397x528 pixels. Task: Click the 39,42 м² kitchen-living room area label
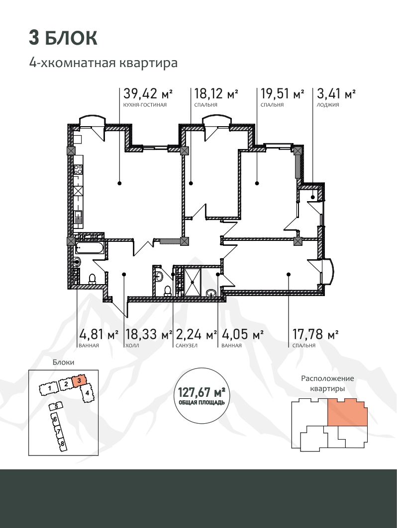tap(148, 93)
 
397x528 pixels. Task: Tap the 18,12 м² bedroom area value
tap(216, 93)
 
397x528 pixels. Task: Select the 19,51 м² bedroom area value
tap(282, 93)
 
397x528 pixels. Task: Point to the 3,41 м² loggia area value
tap(336, 93)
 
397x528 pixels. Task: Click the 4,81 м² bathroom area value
tap(99, 334)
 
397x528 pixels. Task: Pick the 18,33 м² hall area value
tap(149, 334)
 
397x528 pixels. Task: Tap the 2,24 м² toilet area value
tap(197, 334)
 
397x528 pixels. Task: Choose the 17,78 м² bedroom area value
tap(315, 334)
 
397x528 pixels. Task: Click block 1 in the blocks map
tap(49, 389)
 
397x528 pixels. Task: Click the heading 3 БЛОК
tap(63, 38)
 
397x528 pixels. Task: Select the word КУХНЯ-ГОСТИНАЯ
tap(145, 105)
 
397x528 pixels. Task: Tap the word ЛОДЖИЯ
tap(328, 105)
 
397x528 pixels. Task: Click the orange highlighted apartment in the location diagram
tap(347, 411)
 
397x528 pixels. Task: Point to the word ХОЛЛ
tap(132, 346)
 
